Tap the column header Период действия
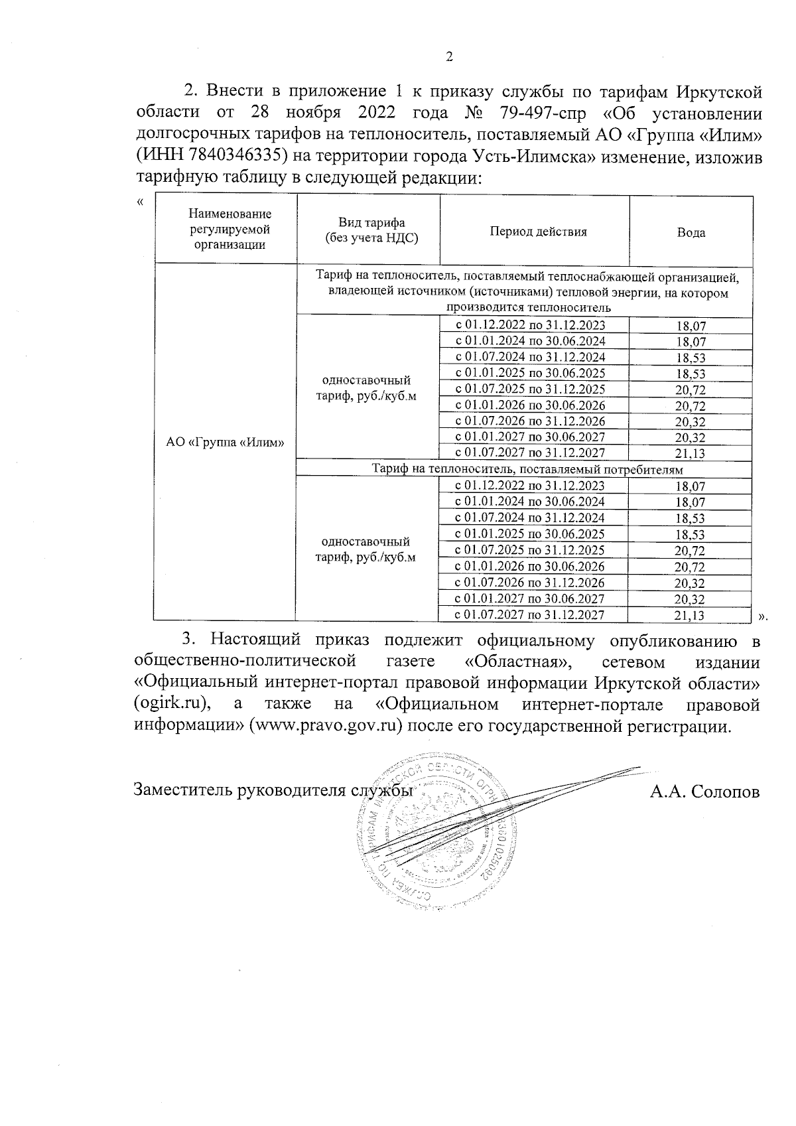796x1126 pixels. [x=538, y=232]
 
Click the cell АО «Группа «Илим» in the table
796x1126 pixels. [x=225, y=443]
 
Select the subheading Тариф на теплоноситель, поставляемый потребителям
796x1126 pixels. [x=527, y=469]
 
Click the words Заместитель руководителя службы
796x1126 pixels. [x=273, y=791]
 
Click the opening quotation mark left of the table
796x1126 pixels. [x=139, y=201]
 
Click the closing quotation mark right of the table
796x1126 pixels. [x=762, y=617]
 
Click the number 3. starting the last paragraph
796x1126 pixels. [x=189, y=640]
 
